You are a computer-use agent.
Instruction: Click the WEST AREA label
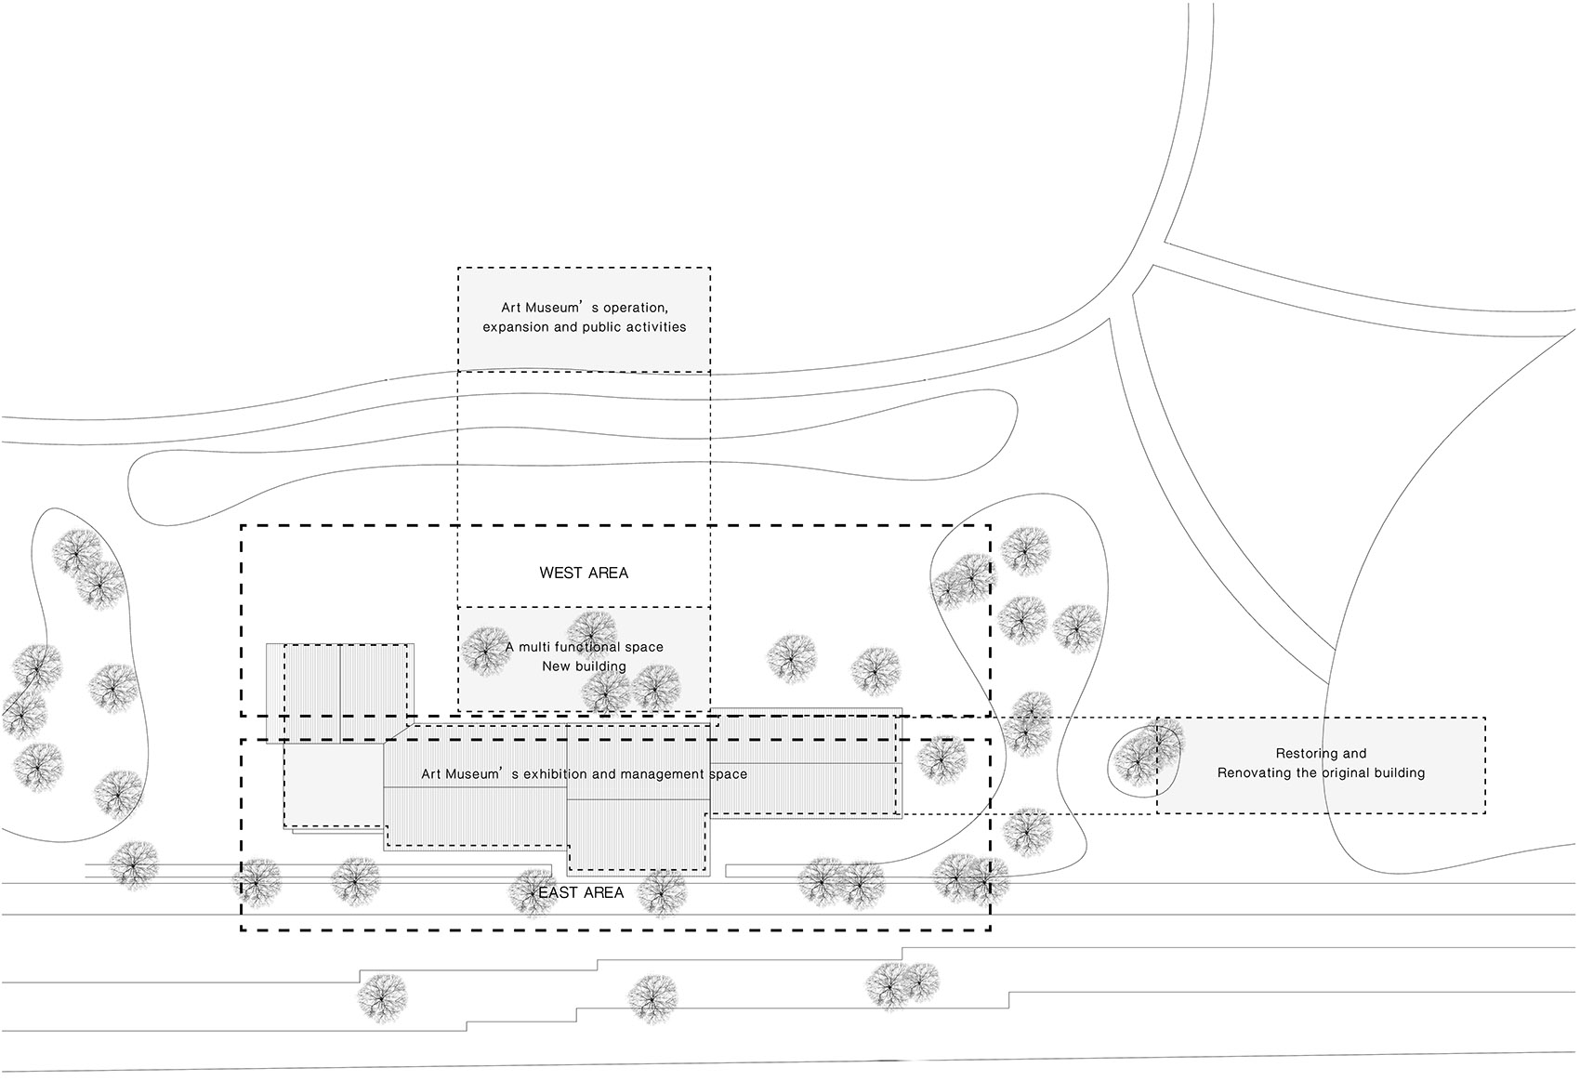pyautogui.click(x=584, y=573)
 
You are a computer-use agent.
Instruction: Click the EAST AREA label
pyautogui.click(x=581, y=892)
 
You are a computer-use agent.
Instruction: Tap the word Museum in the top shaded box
pyautogui.click(x=551, y=308)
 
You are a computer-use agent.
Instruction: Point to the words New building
pyautogui.click(x=584, y=666)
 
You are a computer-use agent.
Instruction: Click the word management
pyautogui.click(x=663, y=774)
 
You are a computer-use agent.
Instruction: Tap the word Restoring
pyautogui.click(x=1300, y=753)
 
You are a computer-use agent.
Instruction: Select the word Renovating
pyautogui.click(x=1251, y=772)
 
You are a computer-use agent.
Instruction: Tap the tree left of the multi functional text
pyautogui.click(x=487, y=652)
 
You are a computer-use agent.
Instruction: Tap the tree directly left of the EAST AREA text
pyautogui.click(x=534, y=892)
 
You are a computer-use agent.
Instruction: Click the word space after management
pyautogui.click(x=729, y=774)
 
